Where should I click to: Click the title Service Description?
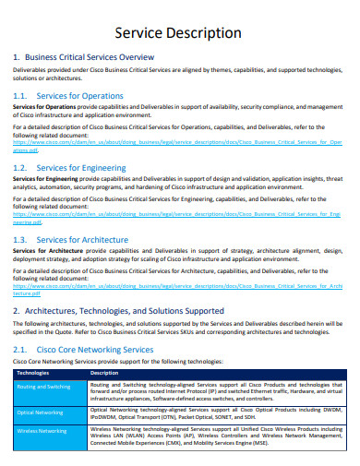click(178, 34)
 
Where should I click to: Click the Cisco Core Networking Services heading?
click(113, 350)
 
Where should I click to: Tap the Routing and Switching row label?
click(44, 386)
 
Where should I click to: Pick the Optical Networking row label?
click(41, 412)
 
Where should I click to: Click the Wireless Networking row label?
click(42, 431)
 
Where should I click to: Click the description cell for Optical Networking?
click(216, 412)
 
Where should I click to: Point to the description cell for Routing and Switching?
click(216, 391)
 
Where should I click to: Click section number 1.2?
click(21, 168)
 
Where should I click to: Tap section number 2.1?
click(21, 350)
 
